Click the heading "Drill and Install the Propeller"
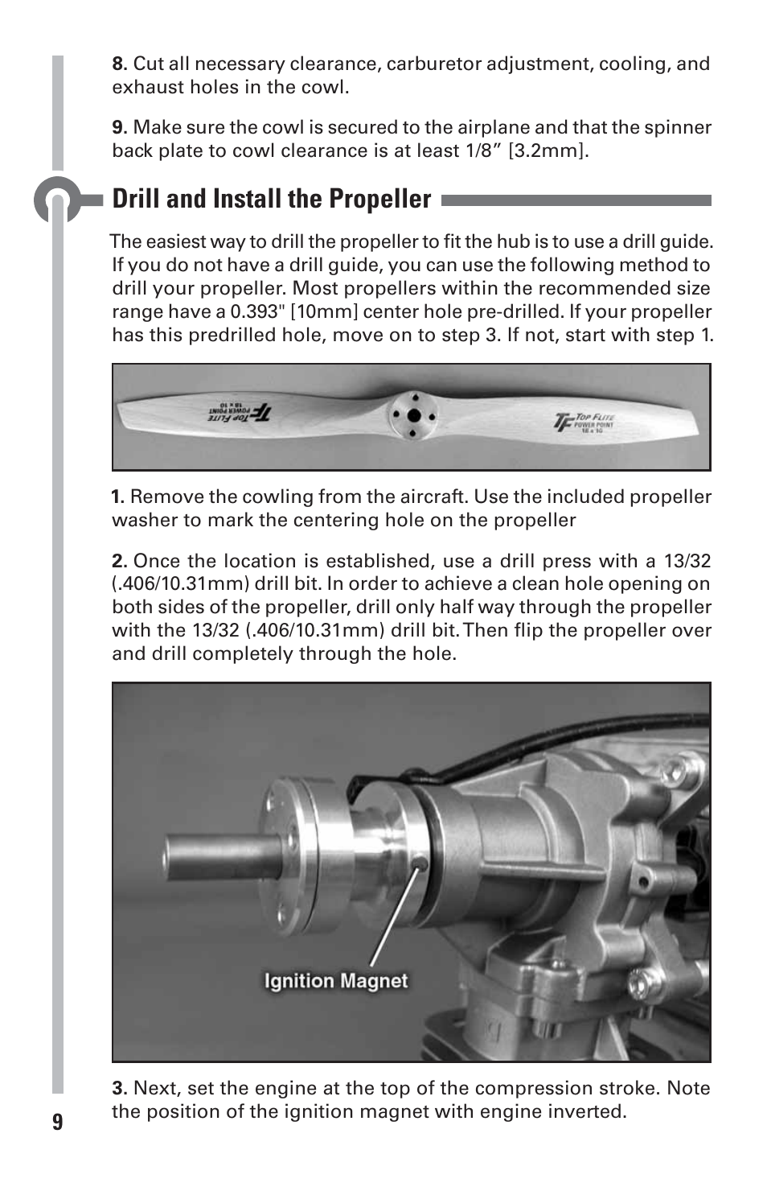click(x=272, y=199)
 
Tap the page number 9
click(x=57, y=1122)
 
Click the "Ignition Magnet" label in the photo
click(x=336, y=980)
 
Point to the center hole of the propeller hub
click(x=414, y=417)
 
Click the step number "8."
click(x=120, y=64)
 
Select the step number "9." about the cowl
click(x=120, y=127)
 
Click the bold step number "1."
click(x=118, y=497)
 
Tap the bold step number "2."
click(x=120, y=561)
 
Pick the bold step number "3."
click(x=120, y=1088)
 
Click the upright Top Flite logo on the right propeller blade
click(x=584, y=422)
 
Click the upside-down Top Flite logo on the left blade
click(x=239, y=411)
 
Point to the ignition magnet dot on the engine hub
click(x=421, y=864)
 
